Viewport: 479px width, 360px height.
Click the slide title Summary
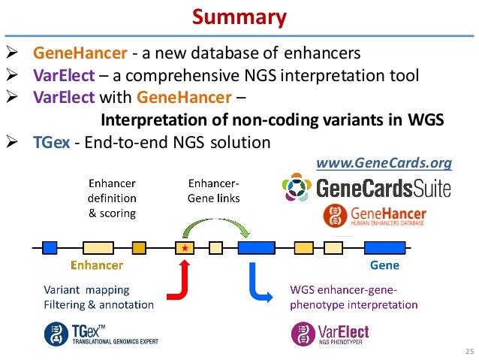click(x=239, y=16)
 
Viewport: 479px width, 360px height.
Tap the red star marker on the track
click(x=184, y=247)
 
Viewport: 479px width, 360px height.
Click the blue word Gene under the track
click(x=384, y=265)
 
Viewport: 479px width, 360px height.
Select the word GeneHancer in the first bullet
click(x=74, y=54)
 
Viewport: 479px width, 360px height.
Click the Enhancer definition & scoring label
click(x=113, y=198)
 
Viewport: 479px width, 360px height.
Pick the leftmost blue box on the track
click(x=50, y=247)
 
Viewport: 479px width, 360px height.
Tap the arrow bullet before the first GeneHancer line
click(x=12, y=54)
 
